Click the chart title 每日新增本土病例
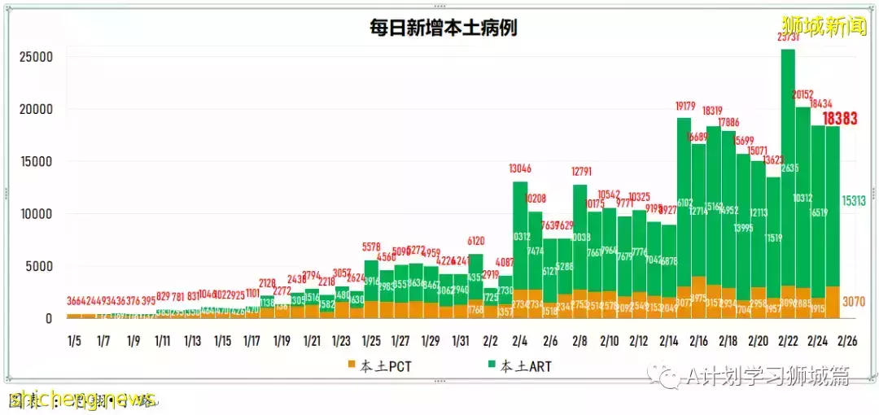pos(443,27)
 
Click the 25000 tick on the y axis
pos(37,57)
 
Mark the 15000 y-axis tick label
pos(37,162)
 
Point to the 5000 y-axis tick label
pos(40,266)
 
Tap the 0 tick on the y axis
pos(49,318)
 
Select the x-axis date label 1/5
pos(74,339)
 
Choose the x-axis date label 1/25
pos(371,339)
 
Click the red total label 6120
pos(476,241)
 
